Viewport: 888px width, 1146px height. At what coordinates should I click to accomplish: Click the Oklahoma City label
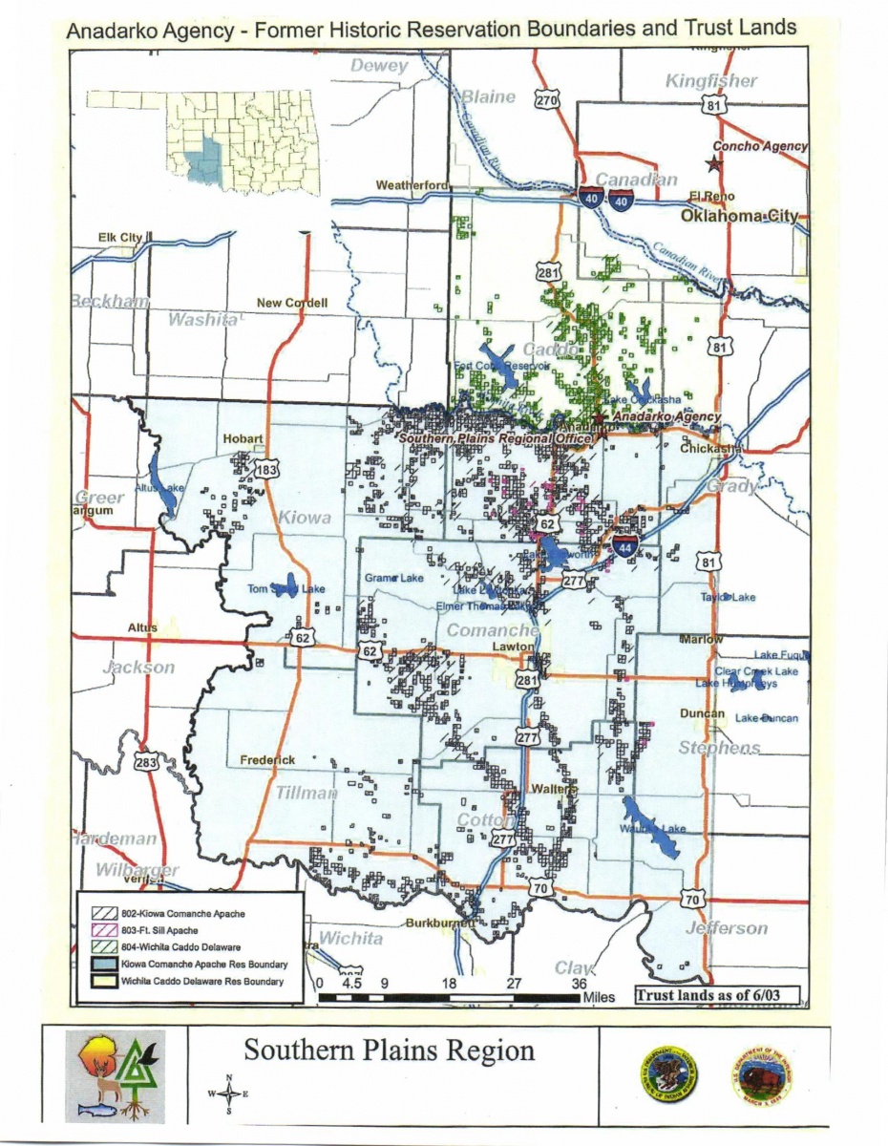(738, 217)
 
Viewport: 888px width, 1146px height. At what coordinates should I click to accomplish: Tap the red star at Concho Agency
(714, 162)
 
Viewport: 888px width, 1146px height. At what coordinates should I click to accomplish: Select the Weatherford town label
(412, 184)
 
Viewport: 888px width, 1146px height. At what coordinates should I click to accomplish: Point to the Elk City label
(119, 237)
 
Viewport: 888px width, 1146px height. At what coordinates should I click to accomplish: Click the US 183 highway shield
(266, 468)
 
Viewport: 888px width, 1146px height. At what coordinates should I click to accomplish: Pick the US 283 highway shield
(146, 762)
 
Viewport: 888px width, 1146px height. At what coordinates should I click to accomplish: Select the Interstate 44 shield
(625, 548)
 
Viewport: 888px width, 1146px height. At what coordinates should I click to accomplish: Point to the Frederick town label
(267, 760)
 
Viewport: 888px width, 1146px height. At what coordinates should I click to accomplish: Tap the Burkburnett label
(440, 923)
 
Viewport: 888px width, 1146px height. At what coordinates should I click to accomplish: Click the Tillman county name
(307, 793)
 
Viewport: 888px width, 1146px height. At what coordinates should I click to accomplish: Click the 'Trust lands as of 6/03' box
(716, 995)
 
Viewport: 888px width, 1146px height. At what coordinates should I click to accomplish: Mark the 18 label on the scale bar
(449, 982)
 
